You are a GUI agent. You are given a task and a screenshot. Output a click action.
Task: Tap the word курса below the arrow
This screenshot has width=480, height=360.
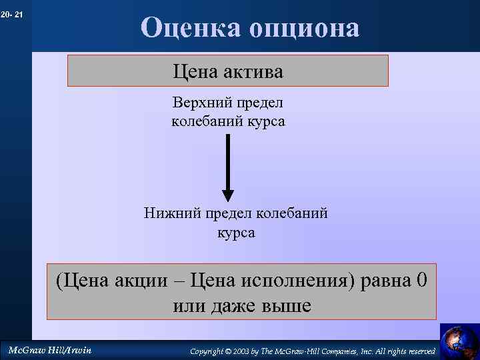[236, 233]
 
